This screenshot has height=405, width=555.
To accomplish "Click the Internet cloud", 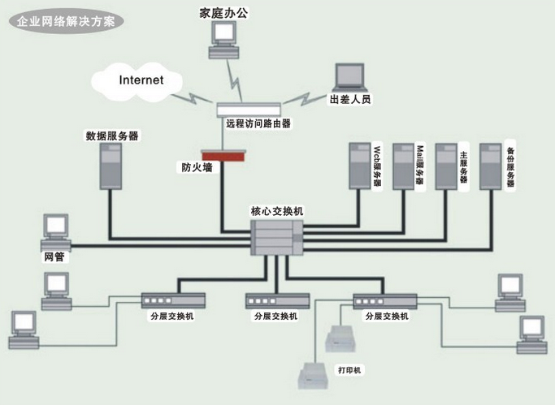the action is click(x=137, y=82).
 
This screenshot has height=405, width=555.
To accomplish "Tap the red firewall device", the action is click(x=223, y=156).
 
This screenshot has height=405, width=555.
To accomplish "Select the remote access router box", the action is click(x=249, y=110).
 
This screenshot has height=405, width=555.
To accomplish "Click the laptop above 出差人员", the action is click(x=349, y=78).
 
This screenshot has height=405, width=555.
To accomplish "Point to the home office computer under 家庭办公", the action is click(x=224, y=40).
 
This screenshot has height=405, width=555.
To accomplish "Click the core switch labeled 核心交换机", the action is click(x=277, y=238).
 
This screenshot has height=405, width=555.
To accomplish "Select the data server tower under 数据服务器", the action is click(x=111, y=166).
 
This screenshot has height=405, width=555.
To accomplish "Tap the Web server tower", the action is click(x=360, y=166).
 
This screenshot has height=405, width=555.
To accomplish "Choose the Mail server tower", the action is click(x=404, y=166).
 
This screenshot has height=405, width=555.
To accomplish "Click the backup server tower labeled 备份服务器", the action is click(x=491, y=166).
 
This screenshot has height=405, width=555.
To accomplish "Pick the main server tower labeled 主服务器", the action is click(x=446, y=166).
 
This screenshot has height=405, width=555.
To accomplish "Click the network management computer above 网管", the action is click(x=56, y=233).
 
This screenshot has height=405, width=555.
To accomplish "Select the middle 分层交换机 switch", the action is click(x=278, y=301).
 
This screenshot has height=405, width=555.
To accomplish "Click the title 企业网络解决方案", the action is click(x=66, y=22).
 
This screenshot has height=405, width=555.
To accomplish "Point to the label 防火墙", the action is click(x=197, y=167).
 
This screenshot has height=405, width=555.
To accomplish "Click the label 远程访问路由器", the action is click(x=258, y=123).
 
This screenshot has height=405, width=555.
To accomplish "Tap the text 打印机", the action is click(x=349, y=370).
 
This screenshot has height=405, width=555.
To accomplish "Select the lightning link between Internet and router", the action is click(x=193, y=98).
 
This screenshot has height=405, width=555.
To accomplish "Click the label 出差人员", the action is click(x=350, y=99).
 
